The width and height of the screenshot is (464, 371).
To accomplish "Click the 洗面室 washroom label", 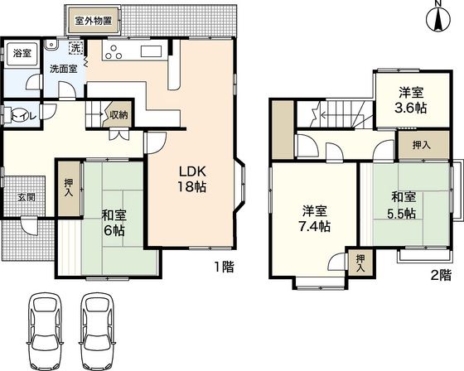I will (x=63, y=69).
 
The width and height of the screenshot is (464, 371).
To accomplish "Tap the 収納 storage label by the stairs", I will (x=118, y=115).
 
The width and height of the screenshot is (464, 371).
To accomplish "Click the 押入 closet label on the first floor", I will (x=68, y=187).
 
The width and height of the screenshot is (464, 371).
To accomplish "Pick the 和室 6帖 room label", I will (x=114, y=223).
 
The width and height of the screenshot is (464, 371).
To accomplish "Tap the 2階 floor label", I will (x=441, y=274).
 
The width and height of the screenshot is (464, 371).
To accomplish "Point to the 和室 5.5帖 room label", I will (x=405, y=205).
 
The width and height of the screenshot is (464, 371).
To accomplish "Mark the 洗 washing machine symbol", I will (x=76, y=46).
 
